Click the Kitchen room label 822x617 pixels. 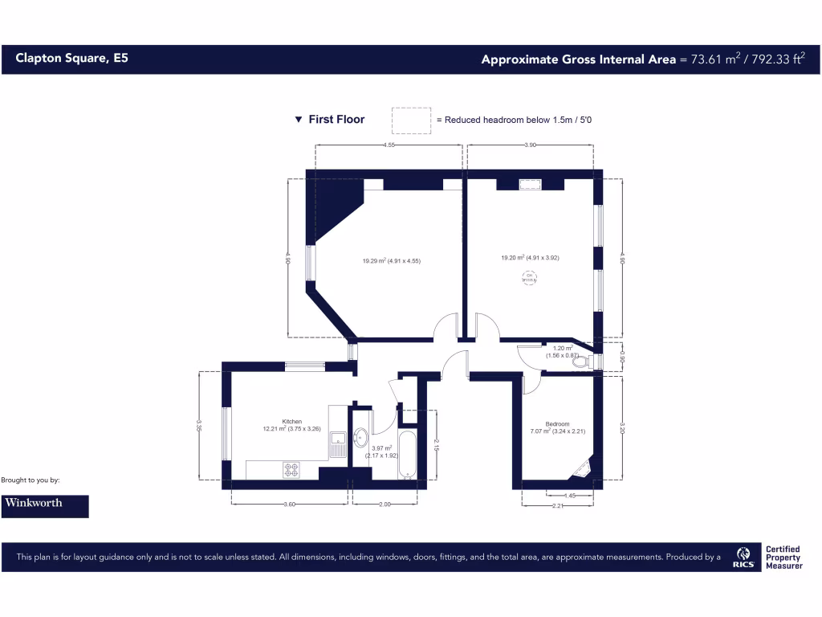[x=291, y=421]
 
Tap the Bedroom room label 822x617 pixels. [x=557, y=424]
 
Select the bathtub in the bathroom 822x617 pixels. [x=408, y=456]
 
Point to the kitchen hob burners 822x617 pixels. [x=291, y=469]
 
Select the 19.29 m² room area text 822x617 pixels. [x=391, y=260]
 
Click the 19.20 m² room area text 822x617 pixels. [x=530, y=258]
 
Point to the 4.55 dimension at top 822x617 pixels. [x=389, y=145]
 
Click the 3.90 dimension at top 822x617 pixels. [x=530, y=145]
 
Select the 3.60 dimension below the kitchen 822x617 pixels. [x=291, y=505]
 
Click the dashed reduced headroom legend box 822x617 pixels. [x=411, y=120]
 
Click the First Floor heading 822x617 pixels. [x=336, y=120]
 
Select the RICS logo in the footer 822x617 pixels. [x=743, y=556]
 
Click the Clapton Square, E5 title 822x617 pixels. [x=71, y=59]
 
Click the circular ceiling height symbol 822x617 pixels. [x=529, y=279]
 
